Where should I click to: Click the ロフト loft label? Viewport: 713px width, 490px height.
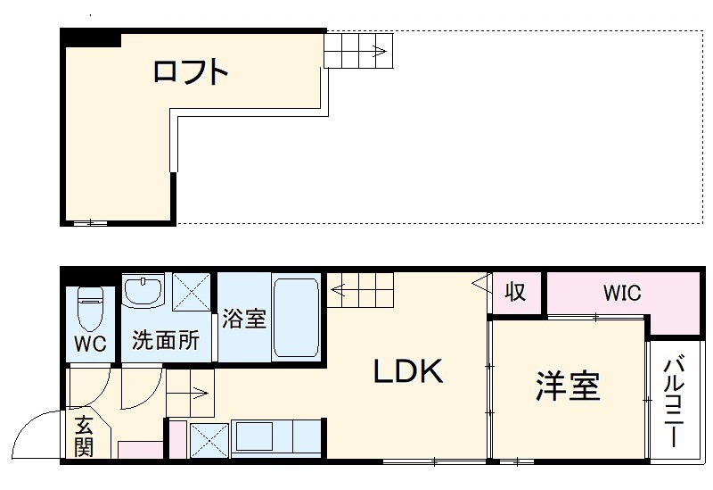click(x=191, y=71)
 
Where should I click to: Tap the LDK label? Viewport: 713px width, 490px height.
click(x=407, y=372)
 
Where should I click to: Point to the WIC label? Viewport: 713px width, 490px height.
click(x=621, y=293)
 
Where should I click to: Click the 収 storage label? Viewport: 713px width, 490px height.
click(x=515, y=292)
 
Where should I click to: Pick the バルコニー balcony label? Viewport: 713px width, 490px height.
click(x=675, y=402)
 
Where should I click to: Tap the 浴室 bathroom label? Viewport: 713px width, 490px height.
click(x=243, y=319)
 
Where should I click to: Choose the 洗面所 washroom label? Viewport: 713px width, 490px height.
click(x=165, y=339)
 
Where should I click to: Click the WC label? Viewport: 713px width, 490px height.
click(x=90, y=344)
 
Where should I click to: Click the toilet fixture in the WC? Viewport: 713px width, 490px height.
click(x=89, y=309)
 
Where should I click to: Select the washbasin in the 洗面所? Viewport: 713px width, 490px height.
click(x=143, y=291)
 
